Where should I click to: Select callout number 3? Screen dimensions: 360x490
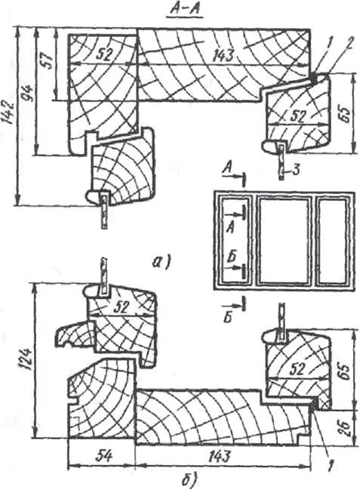tap(296, 170)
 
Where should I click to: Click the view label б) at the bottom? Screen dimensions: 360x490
tap(189, 481)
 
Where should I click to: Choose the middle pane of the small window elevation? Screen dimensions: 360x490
tap(284, 242)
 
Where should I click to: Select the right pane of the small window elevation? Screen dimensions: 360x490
tap(332, 242)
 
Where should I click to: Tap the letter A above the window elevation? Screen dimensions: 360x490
tap(227, 169)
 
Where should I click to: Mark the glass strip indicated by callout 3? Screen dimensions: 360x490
tap(282, 162)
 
